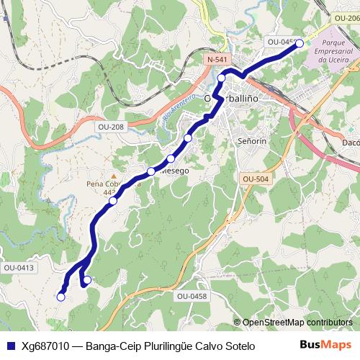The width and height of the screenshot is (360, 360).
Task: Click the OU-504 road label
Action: pos(256,179)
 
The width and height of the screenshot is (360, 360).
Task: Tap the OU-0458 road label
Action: pos(192,296)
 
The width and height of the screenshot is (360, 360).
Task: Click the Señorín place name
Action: pos(252,141)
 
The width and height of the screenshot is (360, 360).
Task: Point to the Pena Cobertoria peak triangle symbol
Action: pos(113,174)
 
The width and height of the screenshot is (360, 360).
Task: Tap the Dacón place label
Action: pos(350,143)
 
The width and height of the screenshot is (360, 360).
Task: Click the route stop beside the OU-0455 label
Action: pos(300,43)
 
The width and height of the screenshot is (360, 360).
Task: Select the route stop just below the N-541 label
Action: pos(222,78)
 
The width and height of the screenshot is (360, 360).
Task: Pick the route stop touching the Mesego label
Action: pos(151,171)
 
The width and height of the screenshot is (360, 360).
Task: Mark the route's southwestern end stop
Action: pos(61,296)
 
